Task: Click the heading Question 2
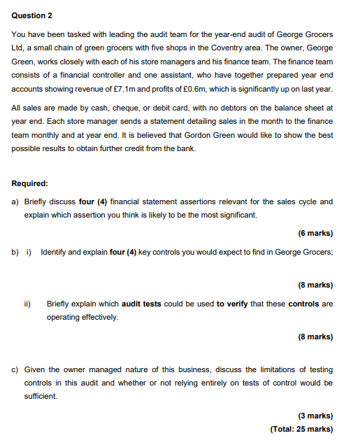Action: point(32,15)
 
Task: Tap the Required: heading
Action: point(30,183)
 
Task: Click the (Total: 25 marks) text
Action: point(301,429)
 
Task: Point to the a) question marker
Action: point(15,202)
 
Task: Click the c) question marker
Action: point(15,369)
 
